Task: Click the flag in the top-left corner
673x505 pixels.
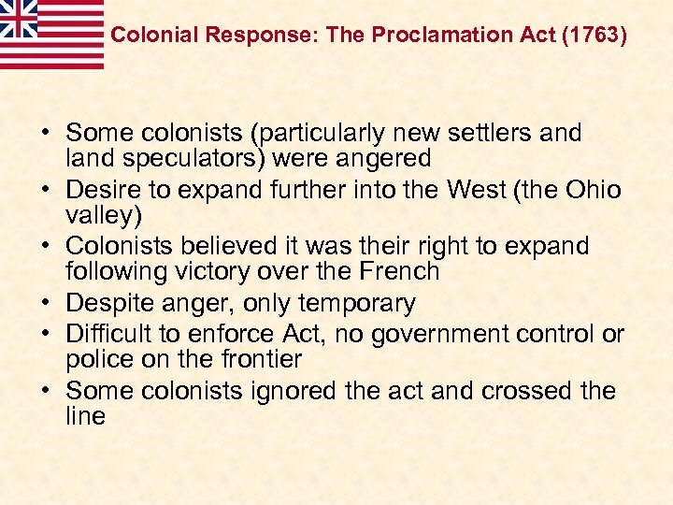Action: point(51,34)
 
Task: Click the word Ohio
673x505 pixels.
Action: point(592,191)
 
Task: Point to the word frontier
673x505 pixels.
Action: point(257,359)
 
